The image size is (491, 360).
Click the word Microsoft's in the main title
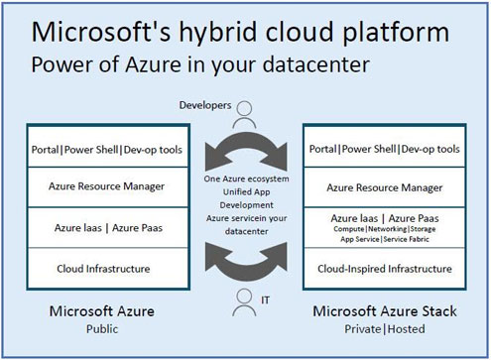[101, 32]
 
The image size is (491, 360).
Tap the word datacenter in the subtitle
[316, 64]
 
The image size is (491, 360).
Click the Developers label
[205, 105]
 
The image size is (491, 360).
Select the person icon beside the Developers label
[244, 115]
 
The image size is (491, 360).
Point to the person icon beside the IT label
[244, 302]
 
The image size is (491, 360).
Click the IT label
[265, 300]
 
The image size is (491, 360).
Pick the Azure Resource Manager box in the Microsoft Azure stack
[108, 187]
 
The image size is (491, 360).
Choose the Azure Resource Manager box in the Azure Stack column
[385, 187]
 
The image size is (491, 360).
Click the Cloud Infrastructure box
[108, 268]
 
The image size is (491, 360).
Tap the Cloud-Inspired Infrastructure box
[385, 269]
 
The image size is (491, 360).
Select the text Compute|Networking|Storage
[385, 229]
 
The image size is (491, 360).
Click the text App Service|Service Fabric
[385, 239]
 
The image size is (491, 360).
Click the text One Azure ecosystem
[246, 179]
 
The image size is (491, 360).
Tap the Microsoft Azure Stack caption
[385, 311]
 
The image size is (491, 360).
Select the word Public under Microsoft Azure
[102, 329]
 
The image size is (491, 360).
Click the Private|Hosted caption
[385, 329]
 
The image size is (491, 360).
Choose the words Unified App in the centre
[246, 192]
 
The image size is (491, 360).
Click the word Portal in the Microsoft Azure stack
[45, 150]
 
